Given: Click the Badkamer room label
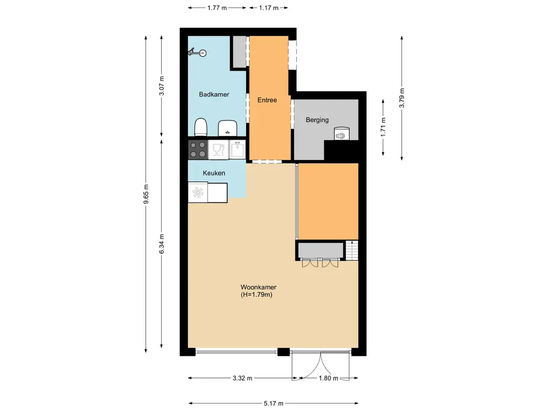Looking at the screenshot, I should pos(214,94).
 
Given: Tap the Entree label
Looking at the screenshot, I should pos(267,100).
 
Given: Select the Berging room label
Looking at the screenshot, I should pos(317,120).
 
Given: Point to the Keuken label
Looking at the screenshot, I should pos(214,173).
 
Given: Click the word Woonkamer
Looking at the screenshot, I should pos(258,287).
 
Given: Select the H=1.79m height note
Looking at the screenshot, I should pos(258,294).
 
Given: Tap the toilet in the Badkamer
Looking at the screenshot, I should pos(201,127).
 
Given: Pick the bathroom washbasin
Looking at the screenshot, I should pos(228,128).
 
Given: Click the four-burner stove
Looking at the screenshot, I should pos(197,149).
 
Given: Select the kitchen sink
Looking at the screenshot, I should pos(237,149).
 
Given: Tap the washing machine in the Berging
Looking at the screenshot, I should pos(341,134).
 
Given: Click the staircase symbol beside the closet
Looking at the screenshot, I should pos(352,250).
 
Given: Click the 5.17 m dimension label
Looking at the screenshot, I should pos(273,404).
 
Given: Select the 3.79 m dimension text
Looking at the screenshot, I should pos(402,97).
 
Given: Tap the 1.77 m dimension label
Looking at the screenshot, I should pos(217,8).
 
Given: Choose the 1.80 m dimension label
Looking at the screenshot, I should pos(328,378).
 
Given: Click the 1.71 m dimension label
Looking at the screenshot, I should pos(383,127).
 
